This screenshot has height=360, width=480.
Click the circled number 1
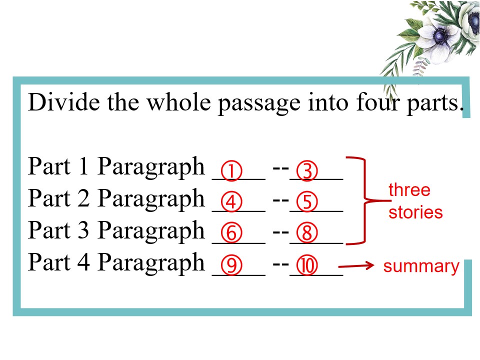(x=231, y=171)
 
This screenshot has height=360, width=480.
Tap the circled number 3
(x=307, y=171)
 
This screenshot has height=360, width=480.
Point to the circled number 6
(x=231, y=233)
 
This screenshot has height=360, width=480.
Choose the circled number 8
(x=307, y=233)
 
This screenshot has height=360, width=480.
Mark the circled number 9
(x=231, y=265)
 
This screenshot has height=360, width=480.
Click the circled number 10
(x=307, y=265)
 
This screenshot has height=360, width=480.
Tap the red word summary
(x=421, y=266)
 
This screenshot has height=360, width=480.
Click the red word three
(x=409, y=190)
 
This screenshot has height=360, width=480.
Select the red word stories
(x=415, y=212)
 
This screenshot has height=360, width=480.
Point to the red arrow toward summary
(x=356, y=265)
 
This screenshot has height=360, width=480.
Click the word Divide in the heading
(x=64, y=102)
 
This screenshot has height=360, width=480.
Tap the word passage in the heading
(x=259, y=104)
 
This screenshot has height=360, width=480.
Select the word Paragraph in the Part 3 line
(x=151, y=231)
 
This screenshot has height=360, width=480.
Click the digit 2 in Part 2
(x=83, y=198)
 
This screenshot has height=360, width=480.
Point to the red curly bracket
(x=365, y=201)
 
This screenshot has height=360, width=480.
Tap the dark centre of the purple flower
(x=440, y=36)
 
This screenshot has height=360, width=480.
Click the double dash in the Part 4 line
(x=280, y=263)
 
